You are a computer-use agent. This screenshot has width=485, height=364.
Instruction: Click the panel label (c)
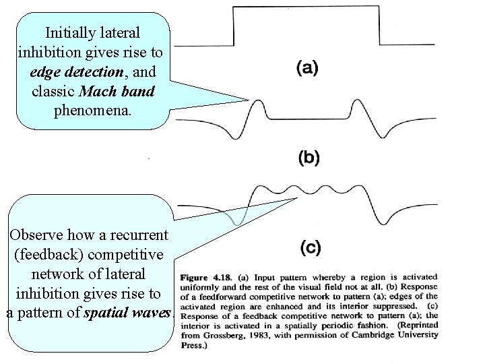point(309,248)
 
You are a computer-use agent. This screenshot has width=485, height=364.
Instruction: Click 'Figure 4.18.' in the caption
point(205,277)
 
